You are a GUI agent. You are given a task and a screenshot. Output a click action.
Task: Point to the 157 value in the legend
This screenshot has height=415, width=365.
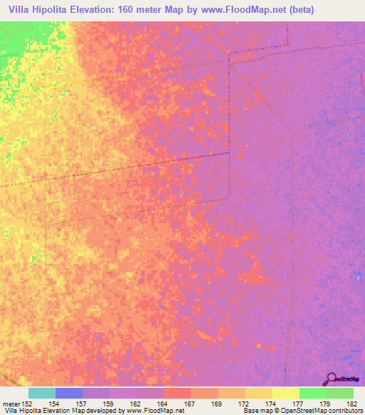[88, 404]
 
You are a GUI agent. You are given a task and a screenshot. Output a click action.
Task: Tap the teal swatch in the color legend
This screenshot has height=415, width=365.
[42, 393]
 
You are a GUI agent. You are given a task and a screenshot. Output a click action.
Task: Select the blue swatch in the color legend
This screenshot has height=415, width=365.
[69, 393]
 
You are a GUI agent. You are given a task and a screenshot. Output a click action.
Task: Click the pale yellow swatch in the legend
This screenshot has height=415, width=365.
[285, 393]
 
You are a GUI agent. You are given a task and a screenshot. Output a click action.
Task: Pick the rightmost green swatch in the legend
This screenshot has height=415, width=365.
[340, 393]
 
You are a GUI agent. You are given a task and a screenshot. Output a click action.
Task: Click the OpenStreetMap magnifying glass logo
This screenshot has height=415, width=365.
[331, 379]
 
